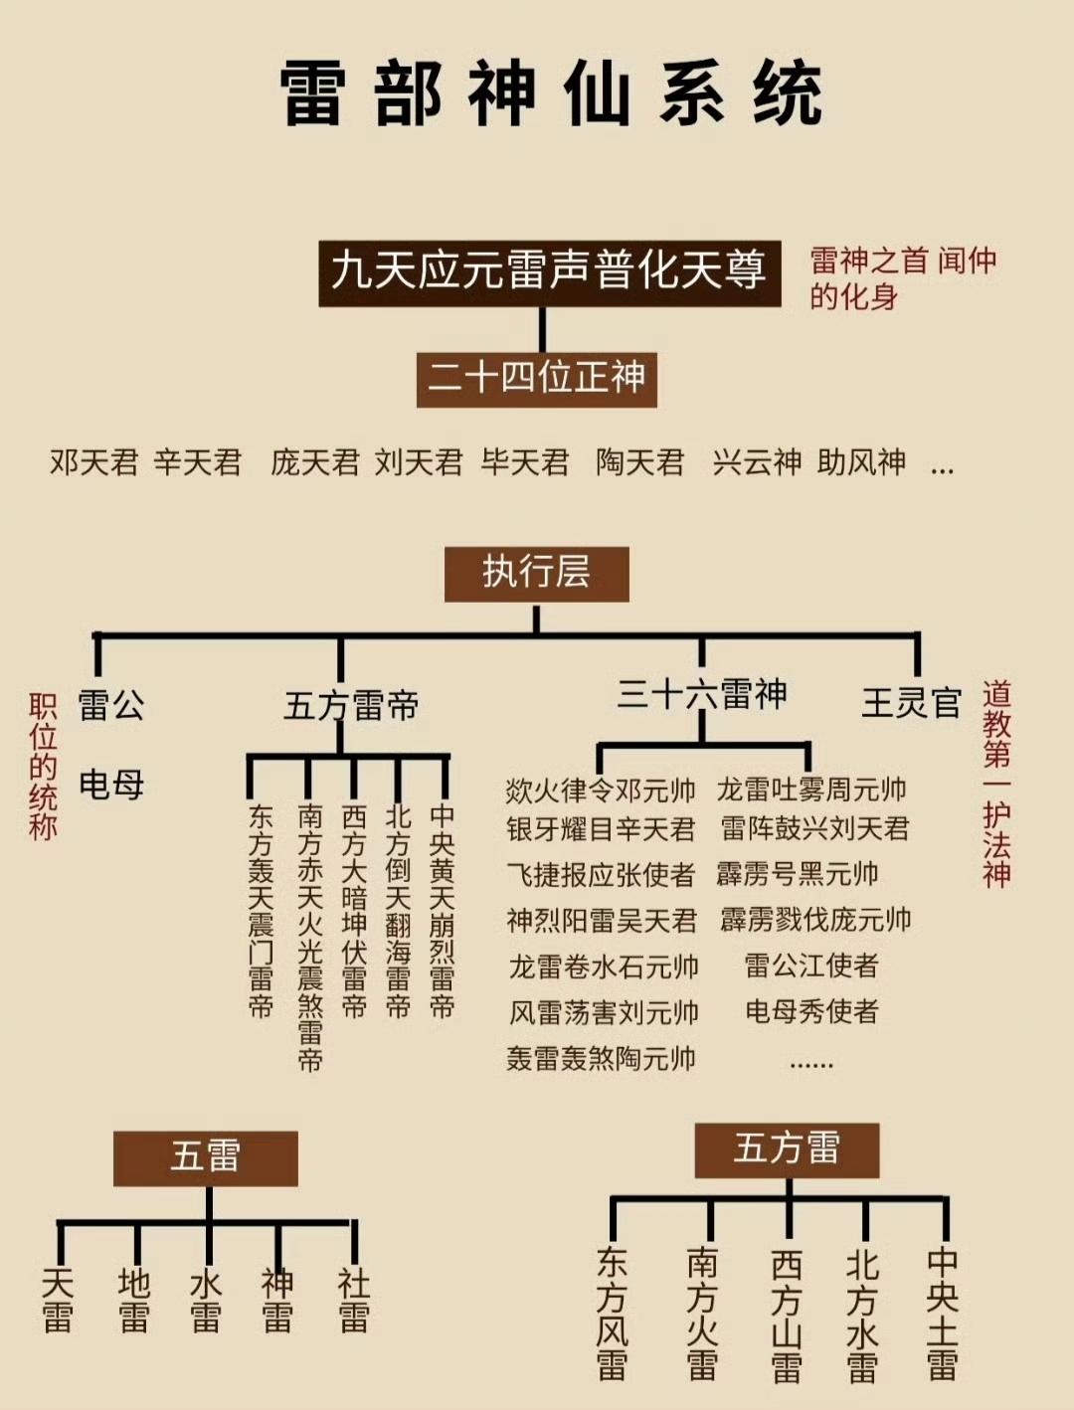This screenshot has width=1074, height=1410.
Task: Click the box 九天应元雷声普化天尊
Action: (549, 271)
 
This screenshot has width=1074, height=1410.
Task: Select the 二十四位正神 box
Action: (536, 379)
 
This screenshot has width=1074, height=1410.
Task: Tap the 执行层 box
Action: (536, 573)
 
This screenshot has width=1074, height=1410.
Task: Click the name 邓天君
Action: (93, 462)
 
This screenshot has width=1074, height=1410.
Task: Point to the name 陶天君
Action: (640, 462)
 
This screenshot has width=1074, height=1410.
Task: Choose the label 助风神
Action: (861, 462)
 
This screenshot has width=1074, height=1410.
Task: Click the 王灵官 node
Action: (911, 703)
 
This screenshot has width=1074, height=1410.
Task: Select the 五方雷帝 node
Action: (351, 706)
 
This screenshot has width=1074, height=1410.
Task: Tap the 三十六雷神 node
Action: (701, 694)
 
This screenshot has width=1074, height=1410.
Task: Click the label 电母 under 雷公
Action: (111, 785)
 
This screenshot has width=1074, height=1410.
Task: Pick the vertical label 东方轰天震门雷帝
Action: (261, 910)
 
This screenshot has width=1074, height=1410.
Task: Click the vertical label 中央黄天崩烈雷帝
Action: (442, 910)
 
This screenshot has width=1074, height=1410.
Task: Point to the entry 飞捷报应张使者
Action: (601, 875)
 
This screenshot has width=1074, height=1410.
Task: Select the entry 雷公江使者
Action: (810, 966)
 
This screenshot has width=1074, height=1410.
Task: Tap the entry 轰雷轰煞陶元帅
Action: (601, 1058)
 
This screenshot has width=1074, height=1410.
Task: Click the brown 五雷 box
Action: (206, 1157)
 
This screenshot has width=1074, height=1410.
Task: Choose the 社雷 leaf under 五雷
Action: (353, 1300)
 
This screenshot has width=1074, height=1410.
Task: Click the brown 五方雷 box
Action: (787, 1149)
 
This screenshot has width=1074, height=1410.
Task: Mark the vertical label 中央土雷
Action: (942, 1314)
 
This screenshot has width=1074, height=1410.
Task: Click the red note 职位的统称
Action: (43, 767)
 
